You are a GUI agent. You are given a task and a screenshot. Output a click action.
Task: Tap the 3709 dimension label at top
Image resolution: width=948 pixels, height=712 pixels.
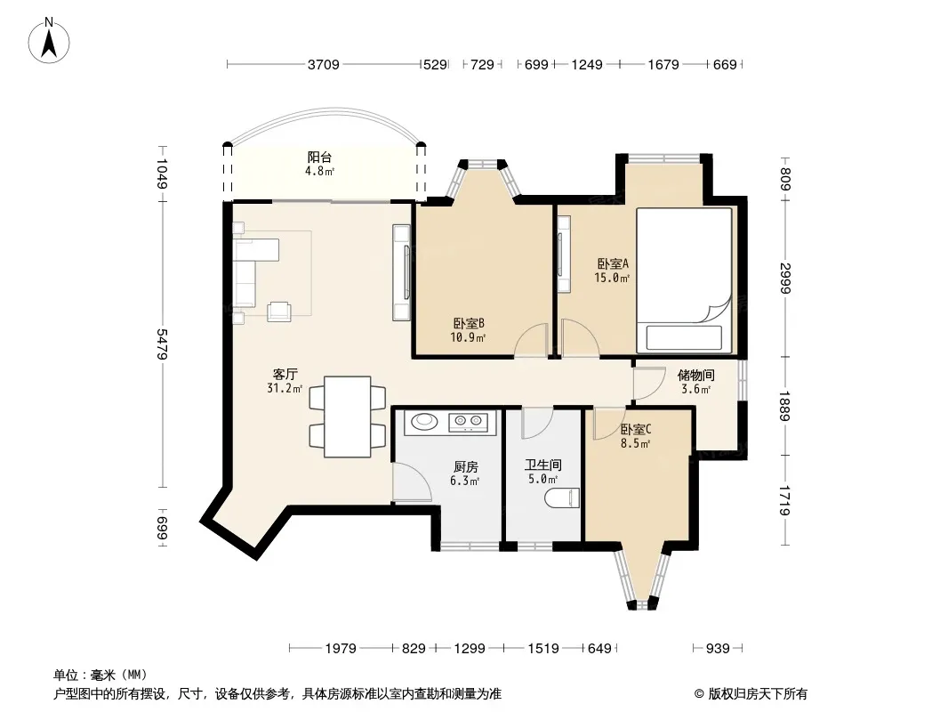click(x=324, y=65)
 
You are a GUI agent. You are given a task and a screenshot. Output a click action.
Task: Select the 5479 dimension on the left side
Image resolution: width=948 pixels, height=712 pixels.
click(x=162, y=344)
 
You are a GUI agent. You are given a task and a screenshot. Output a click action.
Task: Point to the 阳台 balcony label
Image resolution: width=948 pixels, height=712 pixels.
click(x=319, y=158)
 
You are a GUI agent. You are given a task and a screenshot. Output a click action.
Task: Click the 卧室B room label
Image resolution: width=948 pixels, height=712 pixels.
click(x=469, y=324)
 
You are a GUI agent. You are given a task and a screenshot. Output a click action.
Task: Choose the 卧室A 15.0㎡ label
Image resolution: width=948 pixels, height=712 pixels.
click(x=613, y=271)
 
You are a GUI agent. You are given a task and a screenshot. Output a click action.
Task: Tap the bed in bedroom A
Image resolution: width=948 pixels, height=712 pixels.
click(x=685, y=280)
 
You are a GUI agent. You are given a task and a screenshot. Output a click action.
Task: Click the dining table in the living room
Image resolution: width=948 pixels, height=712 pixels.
click(x=348, y=417)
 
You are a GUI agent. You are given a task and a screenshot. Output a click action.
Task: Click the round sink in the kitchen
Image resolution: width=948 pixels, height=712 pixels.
click(x=423, y=420)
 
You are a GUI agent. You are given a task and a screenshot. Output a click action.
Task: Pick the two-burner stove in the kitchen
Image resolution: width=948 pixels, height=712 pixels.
click(x=468, y=420)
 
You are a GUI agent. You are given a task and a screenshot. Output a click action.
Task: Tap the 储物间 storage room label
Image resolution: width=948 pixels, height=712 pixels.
click(x=696, y=375)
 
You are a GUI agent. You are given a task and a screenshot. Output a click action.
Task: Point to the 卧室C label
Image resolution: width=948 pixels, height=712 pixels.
click(x=636, y=430)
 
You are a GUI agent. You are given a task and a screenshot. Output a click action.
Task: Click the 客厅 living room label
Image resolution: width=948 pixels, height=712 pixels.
click(x=285, y=375)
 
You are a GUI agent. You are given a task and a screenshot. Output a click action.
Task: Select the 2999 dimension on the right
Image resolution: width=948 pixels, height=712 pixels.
click(x=785, y=279)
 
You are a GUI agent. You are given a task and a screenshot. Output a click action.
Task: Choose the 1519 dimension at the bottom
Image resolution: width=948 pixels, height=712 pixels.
click(x=543, y=649)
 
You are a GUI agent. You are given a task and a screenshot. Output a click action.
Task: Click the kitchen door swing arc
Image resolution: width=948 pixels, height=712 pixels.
click(x=420, y=478)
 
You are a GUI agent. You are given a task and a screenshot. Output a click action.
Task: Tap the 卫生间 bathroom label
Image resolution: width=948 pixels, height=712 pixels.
click(x=543, y=465)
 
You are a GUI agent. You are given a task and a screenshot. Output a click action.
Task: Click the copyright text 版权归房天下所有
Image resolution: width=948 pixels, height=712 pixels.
click(x=758, y=694)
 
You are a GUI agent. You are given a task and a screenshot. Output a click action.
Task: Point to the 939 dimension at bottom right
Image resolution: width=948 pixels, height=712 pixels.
click(x=718, y=649)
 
